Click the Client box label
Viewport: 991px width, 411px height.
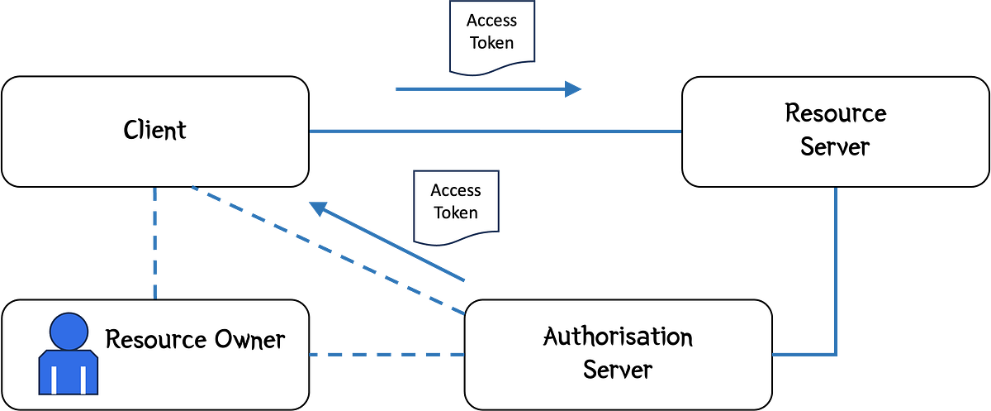[155, 130]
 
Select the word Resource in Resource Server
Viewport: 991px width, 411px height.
[835, 112]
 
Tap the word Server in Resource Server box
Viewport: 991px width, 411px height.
[835, 147]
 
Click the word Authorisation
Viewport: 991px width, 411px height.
[618, 337]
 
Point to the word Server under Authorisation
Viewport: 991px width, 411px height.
[617, 369]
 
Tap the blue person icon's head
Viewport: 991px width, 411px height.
[69, 332]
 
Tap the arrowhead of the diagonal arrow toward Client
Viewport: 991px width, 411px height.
[318, 209]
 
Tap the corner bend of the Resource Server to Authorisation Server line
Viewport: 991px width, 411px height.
[835, 354]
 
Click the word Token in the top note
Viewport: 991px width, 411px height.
[493, 43]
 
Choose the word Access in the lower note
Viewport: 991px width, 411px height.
[456, 190]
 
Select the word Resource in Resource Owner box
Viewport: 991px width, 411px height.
[154, 339]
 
